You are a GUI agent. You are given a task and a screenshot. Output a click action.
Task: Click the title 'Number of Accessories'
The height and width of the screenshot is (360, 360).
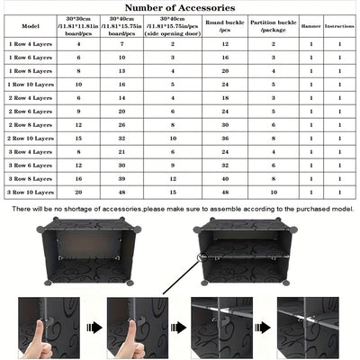tap(180, 8)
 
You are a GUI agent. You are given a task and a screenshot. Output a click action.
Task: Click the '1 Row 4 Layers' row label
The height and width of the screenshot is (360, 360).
tap(31, 43)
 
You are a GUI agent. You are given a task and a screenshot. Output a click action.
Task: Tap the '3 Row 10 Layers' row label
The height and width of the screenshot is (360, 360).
tap(31, 192)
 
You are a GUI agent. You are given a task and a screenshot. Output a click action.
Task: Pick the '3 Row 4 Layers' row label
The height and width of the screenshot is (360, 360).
tap(31, 152)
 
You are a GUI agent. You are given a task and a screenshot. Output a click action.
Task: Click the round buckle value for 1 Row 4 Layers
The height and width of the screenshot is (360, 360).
tap(225, 43)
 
